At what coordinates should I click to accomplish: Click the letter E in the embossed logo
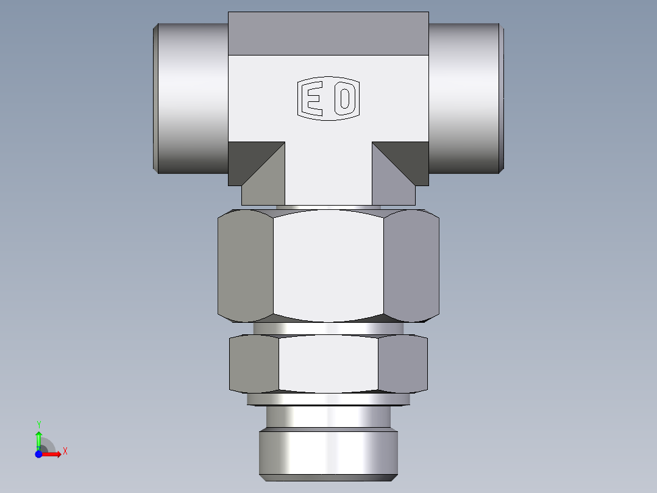314,98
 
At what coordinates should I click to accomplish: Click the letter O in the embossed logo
345,98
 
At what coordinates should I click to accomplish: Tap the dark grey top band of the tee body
328,34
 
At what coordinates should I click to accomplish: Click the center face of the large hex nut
328,265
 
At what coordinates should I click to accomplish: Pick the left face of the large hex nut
245,265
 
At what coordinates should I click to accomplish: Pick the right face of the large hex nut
411,265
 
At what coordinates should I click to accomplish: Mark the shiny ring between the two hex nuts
328,328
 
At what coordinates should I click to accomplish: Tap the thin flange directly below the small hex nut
328,399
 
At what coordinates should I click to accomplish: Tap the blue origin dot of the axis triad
38,455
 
